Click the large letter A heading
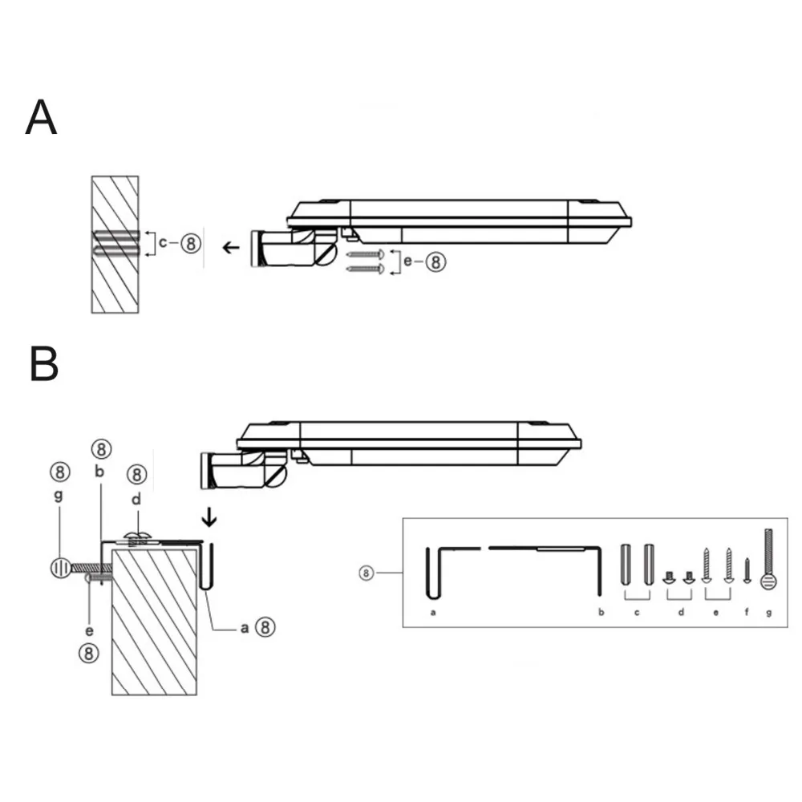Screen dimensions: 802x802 pyautogui.click(x=41, y=117)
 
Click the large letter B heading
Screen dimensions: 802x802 pyautogui.click(x=44, y=363)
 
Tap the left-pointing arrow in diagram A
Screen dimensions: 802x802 pyautogui.click(x=231, y=248)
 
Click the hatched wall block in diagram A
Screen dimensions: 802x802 pyautogui.click(x=115, y=245)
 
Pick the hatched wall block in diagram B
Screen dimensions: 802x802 pyautogui.click(x=154, y=622)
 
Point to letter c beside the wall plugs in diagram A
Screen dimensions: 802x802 pyautogui.click(x=163, y=242)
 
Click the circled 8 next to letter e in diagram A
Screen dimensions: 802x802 pyautogui.click(x=435, y=262)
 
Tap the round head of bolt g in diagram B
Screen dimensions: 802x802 pyautogui.click(x=60, y=568)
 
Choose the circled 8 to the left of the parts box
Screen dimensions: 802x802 pyautogui.click(x=367, y=573)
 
